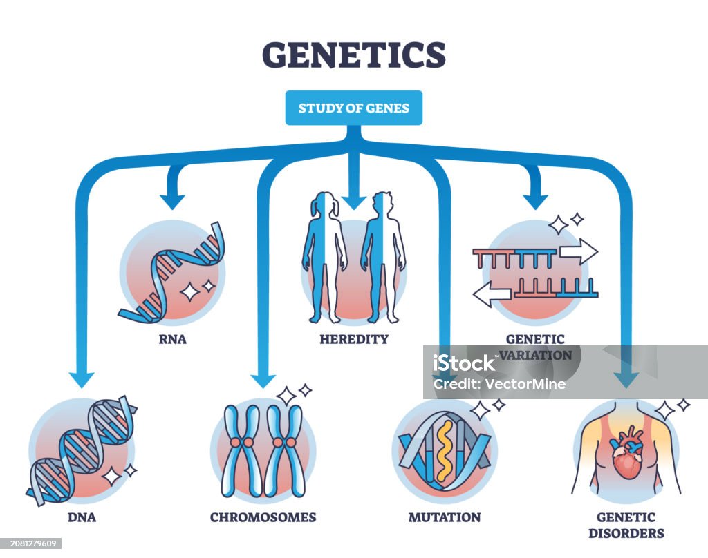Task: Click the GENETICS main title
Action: pyautogui.click(x=353, y=55)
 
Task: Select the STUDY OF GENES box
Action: pyautogui.click(x=353, y=108)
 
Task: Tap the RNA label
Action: pyautogui.click(x=171, y=339)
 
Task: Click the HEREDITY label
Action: pyautogui.click(x=354, y=339)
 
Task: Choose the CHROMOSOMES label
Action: pyautogui.click(x=263, y=517)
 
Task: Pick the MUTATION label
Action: pyautogui.click(x=445, y=517)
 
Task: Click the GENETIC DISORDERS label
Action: pyautogui.click(x=626, y=524)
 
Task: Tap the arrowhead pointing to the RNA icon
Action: pyautogui.click(x=172, y=200)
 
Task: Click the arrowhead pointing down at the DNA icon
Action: pyautogui.click(x=82, y=378)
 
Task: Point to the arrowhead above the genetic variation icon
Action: pyautogui.click(x=535, y=200)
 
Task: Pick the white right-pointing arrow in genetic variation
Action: pyautogui.click(x=578, y=251)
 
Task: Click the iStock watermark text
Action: pyautogui.click(x=464, y=363)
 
